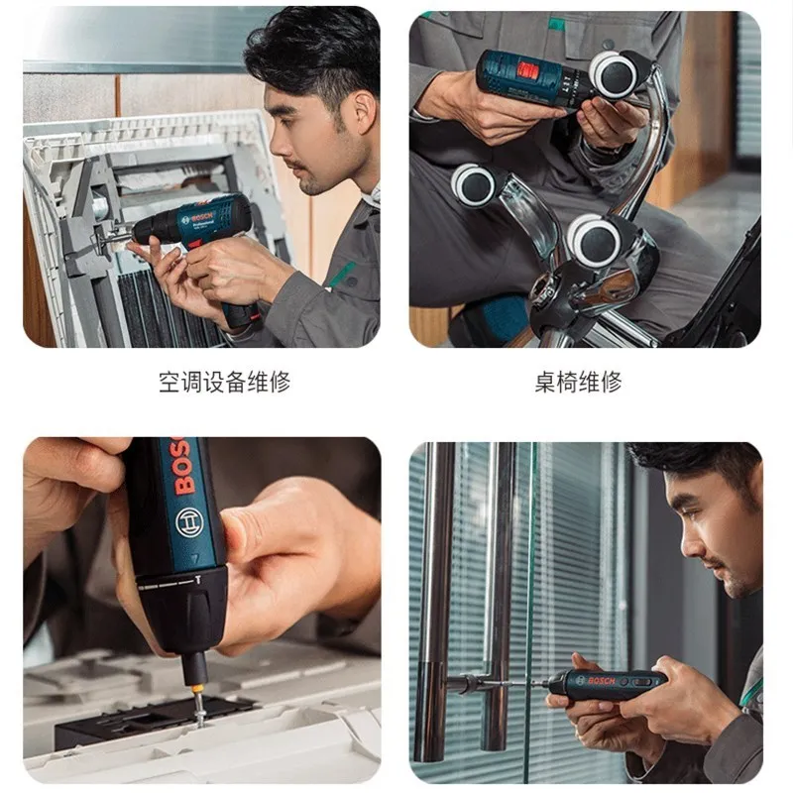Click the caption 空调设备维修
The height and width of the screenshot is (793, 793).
tap(225, 382)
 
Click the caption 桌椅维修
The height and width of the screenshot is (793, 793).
tap(578, 382)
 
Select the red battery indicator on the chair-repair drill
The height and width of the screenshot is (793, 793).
tap(528, 70)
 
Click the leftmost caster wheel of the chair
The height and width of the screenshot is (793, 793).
tap(475, 184)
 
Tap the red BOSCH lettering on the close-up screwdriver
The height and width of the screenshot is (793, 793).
tap(183, 465)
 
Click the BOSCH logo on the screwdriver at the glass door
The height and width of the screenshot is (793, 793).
tap(601, 681)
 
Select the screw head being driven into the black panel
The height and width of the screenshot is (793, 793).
tap(201, 712)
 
